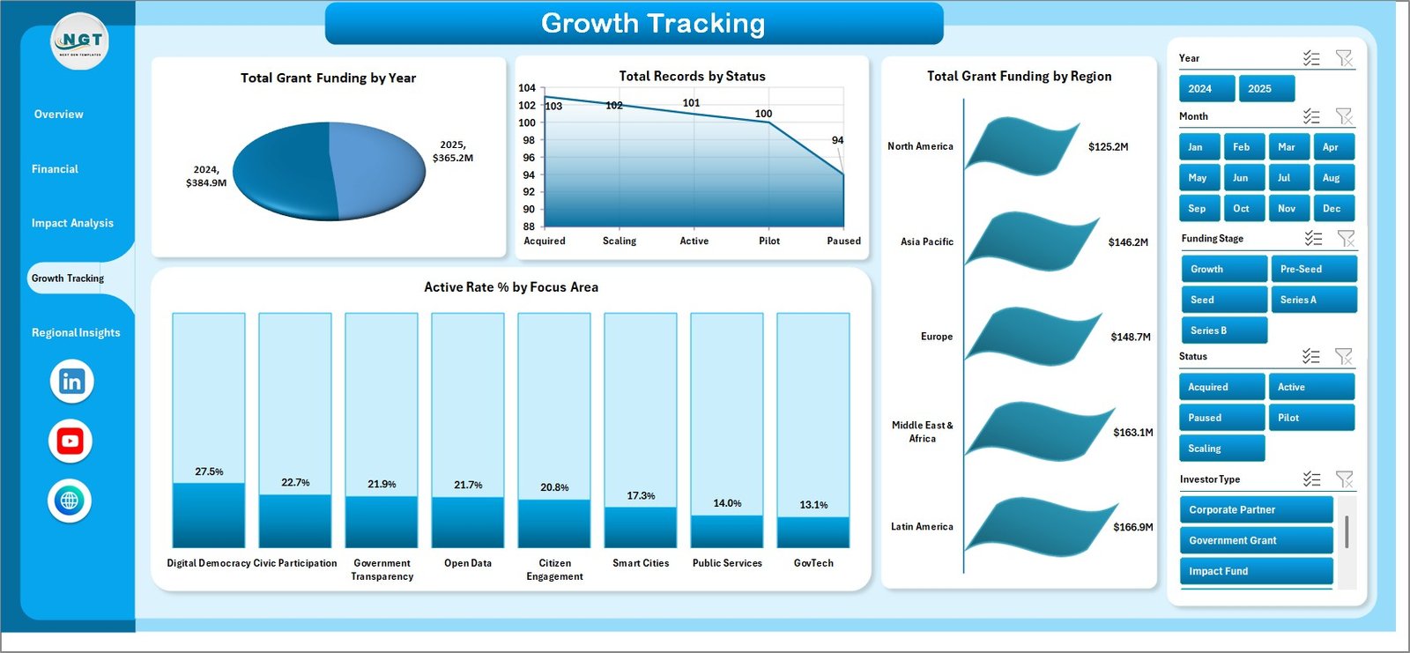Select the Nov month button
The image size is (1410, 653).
coord(1287,209)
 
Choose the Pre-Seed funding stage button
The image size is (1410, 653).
coord(1313,269)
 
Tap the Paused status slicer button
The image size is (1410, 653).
coord(1221,418)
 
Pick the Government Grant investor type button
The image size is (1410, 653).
coord(1256,540)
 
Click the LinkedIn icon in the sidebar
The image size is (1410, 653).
coord(71,382)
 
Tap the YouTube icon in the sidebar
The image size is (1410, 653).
coord(70,442)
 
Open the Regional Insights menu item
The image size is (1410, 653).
coord(76,333)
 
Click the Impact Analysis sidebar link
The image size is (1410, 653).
coord(72,224)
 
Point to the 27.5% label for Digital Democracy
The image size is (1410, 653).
coord(209,472)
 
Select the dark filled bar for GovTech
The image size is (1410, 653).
coord(813,532)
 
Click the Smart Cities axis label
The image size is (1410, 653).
coord(641,563)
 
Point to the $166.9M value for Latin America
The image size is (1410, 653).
coord(1132,527)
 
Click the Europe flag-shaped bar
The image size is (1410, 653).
coord(1031,335)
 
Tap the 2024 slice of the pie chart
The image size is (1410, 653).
coord(282,172)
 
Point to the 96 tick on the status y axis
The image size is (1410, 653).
coord(529,158)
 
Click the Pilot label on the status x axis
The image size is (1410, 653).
coord(769,241)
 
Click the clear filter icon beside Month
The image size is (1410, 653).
coord(1344,116)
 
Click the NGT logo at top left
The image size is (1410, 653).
coord(80,41)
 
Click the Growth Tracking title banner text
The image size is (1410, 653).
coord(652,24)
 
